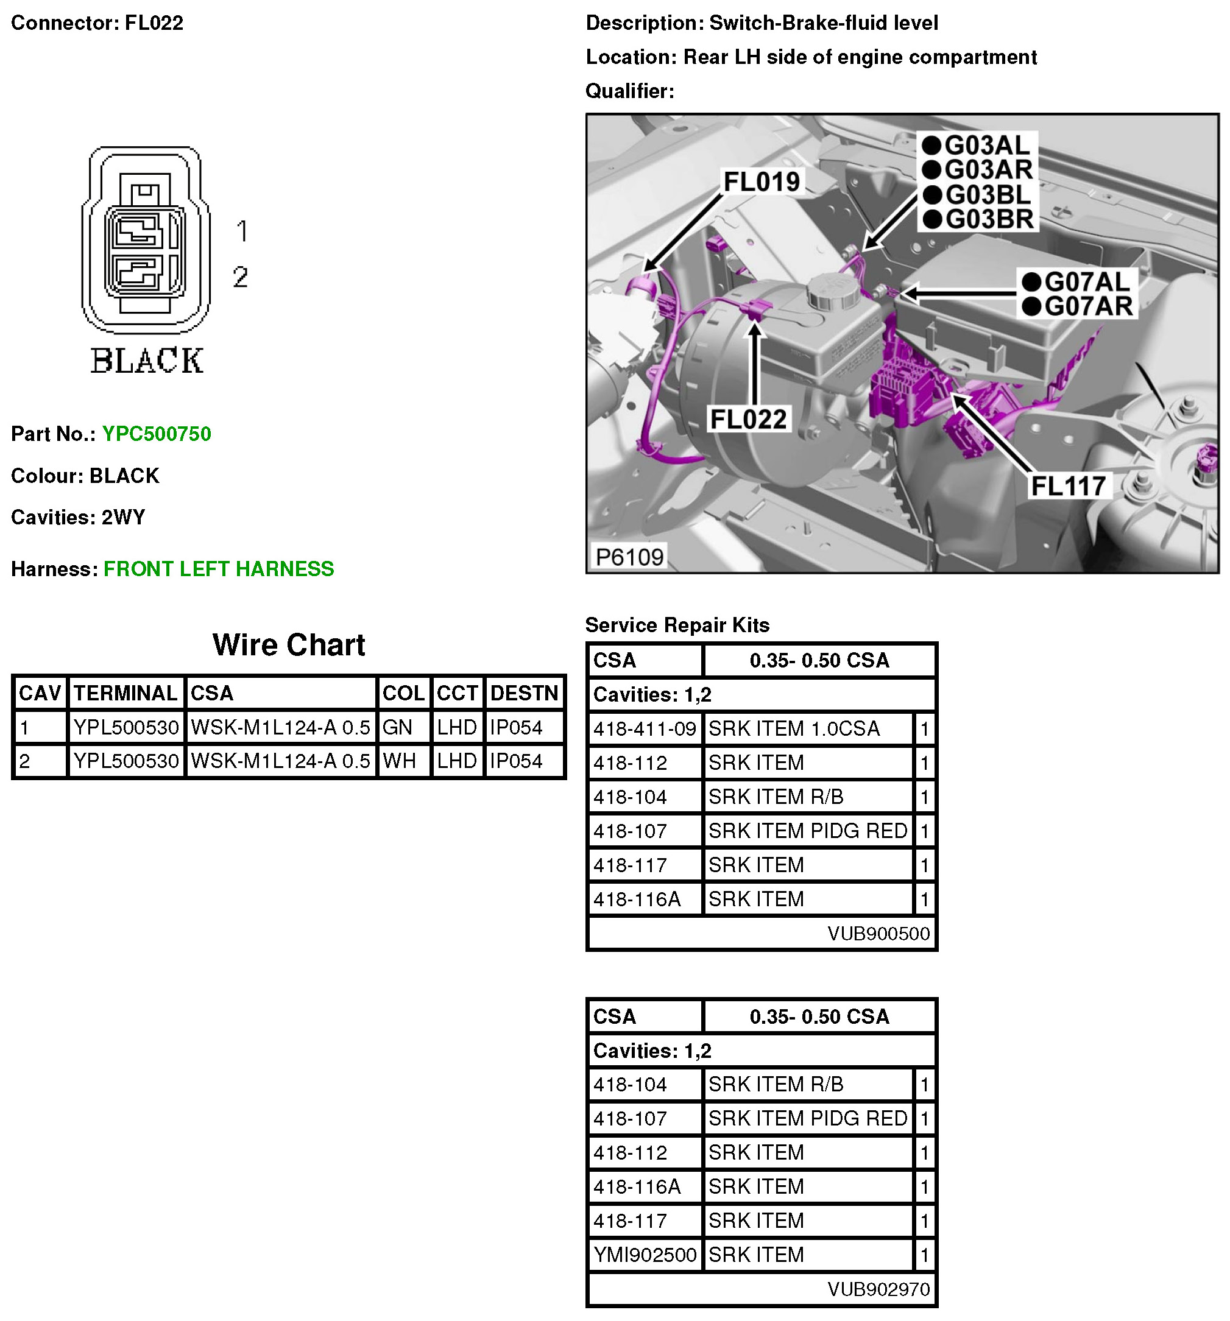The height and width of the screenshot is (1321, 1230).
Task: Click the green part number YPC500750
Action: [156, 434]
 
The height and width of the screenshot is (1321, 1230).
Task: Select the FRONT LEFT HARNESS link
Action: [218, 569]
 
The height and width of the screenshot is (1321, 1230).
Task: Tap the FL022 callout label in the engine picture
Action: [748, 419]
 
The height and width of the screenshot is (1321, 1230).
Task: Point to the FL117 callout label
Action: [1067, 486]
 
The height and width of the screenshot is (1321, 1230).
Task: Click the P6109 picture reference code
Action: [629, 557]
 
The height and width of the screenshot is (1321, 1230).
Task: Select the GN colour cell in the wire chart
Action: [397, 728]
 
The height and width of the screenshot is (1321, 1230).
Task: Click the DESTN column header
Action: [524, 693]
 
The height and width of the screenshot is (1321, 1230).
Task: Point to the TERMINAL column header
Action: [125, 693]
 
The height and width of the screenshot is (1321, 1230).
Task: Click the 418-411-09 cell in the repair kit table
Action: [644, 729]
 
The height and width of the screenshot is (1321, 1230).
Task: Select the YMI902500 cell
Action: [644, 1255]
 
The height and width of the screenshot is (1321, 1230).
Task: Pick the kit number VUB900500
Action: [878, 934]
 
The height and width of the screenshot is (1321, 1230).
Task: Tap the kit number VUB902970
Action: [878, 1289]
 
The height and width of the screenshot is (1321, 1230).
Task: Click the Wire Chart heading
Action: [288, 644]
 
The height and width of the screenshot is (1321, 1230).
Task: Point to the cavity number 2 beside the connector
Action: [241, 277]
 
